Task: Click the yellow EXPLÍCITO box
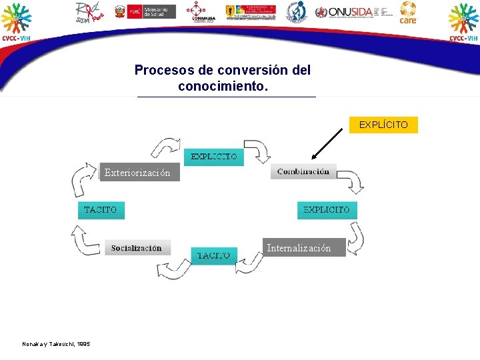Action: point(383,125)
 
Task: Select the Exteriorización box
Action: point(138,173)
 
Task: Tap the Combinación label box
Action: point(303,171)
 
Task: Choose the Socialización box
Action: point(137,248)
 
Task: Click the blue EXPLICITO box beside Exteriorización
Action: point(214,157)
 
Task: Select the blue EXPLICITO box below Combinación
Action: point(327,209)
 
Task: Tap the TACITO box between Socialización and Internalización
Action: point(214,255)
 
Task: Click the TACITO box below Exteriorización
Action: point(101,209)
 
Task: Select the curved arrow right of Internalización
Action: point(357,238)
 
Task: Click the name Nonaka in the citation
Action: point(32,343)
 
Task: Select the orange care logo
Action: point(408,13)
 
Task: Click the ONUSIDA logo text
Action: point(348,12)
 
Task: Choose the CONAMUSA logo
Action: point(196,12)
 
